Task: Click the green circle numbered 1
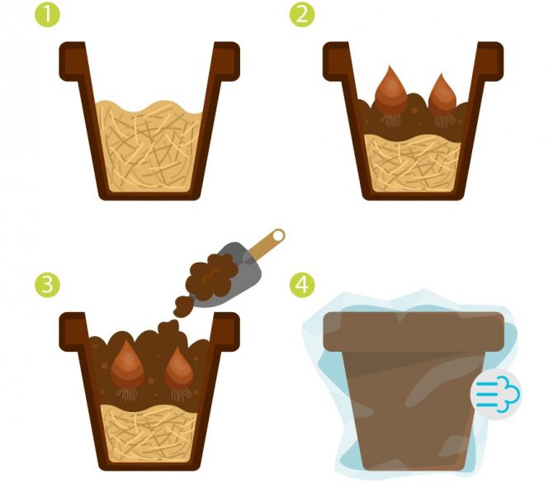(x=47, y=15)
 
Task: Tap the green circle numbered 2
(x=302, y=15)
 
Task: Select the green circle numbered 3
(x=47, y=285)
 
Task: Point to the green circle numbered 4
(x=302, y=285)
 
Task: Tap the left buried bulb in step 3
(x=128, y=366)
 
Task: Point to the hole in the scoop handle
(x=278, y=235)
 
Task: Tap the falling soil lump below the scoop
(x=183, y=305)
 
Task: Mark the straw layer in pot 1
(x=149, y=148)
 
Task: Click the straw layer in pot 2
(x=413, y=163)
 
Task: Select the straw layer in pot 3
(x=149, y=433)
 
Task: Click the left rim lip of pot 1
(x=73, y=61)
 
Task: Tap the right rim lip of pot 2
(x=490, y=61)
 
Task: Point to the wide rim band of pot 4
(x=414, y=332)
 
